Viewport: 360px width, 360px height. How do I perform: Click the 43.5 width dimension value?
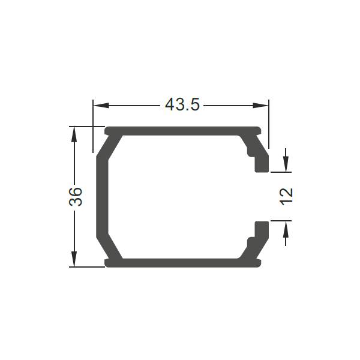coord(182,104)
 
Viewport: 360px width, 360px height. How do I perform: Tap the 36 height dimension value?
coord(76,197)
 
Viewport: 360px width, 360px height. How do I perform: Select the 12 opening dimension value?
coord(286,197)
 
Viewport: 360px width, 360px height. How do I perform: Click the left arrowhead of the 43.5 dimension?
coord(101,106)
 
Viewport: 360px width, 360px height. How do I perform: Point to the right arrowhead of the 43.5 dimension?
coord(260,106)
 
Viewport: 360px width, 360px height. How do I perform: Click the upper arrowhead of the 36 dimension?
coord(74,134)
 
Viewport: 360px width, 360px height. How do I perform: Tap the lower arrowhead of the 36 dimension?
coord(74,259)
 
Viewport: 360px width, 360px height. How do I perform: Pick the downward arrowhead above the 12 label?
coord(286,164)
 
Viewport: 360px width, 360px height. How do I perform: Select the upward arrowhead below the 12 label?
coord(286,229)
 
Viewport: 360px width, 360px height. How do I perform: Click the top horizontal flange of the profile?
coord(183,131)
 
